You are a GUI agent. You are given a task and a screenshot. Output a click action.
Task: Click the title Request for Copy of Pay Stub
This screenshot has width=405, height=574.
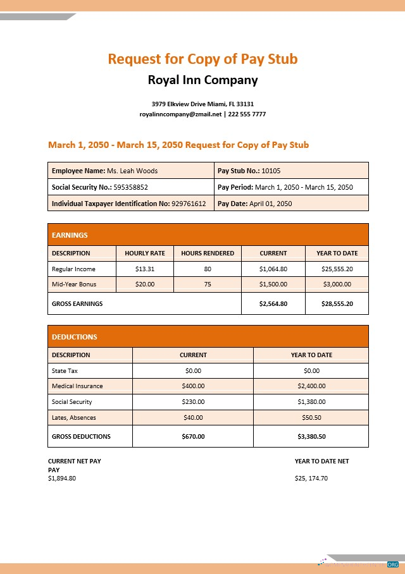[202, 59]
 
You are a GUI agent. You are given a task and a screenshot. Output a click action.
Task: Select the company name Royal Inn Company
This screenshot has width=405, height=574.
[202, 80]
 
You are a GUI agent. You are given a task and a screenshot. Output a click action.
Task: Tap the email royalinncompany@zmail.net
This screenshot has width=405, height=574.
[181, 114]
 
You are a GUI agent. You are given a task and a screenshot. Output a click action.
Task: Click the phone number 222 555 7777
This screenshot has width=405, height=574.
[247, 114]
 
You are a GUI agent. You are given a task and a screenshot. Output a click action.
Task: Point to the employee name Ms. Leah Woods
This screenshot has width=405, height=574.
[132, 171]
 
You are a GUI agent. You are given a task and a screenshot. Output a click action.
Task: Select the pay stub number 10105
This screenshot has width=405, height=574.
[271, 171]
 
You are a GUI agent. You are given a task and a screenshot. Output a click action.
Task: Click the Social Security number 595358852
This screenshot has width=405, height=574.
[130, 187]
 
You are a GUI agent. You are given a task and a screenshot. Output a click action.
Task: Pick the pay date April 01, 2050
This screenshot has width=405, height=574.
[271, 204]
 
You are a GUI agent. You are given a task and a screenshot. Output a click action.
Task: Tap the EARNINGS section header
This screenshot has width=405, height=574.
[70, 235]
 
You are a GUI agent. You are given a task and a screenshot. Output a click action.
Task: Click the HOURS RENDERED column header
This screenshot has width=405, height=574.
[208, 253]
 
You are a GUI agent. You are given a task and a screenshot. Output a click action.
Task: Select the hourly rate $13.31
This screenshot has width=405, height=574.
[145, 269]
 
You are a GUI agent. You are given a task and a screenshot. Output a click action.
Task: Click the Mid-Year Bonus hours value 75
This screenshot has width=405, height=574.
[208, 284]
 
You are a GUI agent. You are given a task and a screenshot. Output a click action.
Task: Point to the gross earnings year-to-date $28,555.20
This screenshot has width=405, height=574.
[337, 303]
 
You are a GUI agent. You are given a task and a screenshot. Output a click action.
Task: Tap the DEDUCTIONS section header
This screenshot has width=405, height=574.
[74, 337]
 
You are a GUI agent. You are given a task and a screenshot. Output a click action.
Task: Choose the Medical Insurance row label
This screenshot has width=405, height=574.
[77, 386]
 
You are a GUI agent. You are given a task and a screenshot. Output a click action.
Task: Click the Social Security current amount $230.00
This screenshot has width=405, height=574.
[193, 401]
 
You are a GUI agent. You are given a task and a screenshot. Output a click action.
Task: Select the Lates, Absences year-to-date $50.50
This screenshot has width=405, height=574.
[311, 417]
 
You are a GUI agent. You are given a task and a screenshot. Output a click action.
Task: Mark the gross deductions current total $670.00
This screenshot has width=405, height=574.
[193, 436]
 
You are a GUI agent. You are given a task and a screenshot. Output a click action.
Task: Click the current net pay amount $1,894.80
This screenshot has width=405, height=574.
[62, 478]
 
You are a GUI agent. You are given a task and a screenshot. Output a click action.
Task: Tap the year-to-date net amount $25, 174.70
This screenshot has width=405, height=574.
[311, 478]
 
